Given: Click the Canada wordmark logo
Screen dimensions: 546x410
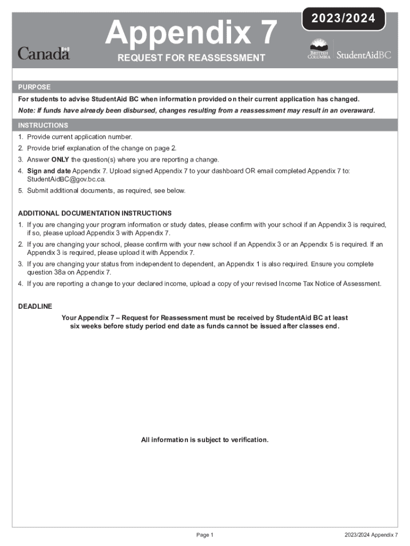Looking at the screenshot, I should point(44,53).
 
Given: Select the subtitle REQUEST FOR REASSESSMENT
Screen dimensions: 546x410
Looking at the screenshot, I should point(191,58).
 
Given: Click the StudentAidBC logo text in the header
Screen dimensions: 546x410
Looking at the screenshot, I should point(364,55).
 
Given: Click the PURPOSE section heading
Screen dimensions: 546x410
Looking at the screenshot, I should point(35,87).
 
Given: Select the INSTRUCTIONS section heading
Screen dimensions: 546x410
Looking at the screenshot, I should point(43,125).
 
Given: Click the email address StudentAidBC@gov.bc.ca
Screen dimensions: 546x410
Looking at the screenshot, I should point(63,179).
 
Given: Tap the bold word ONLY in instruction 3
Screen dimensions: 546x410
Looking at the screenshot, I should point(60,159).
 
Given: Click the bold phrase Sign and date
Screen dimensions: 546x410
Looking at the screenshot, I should point(49,171).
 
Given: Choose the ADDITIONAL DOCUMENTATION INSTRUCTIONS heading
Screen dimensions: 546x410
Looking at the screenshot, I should point(95,213).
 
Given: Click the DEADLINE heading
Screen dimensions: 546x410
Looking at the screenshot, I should point(35,306).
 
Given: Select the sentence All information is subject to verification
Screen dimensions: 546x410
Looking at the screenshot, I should point(204,440).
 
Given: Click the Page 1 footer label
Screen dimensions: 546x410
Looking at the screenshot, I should point(204,535).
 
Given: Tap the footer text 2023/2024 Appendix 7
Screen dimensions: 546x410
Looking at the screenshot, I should point(371,535).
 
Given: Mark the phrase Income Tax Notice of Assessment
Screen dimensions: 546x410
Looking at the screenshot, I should point(330,283).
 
